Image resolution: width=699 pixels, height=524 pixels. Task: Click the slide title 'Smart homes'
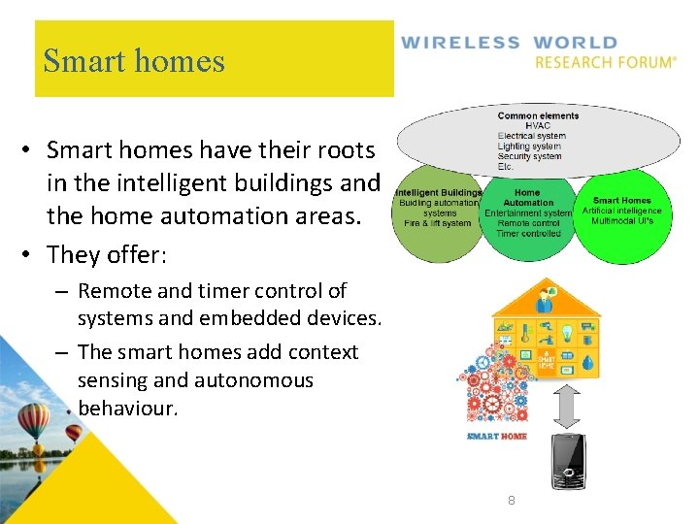point(134,61)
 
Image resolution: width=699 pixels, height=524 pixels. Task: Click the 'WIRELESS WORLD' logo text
point(509,43)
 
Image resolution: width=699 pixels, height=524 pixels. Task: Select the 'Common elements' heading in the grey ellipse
point(538,116)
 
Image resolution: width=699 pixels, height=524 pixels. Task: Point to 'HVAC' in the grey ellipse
point(538,126)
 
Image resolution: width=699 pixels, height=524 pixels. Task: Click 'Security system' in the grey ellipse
point(529,156)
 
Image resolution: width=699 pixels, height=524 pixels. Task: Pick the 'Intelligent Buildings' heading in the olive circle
point(439,193)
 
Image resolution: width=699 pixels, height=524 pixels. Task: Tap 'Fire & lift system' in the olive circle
point(438,223)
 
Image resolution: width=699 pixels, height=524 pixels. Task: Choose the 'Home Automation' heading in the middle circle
point(528,198)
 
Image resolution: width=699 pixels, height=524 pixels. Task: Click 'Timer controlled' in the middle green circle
point(528,234)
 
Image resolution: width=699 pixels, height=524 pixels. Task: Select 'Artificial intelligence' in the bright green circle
point(621,211)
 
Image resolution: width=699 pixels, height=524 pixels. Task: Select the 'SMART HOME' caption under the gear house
point(497,437)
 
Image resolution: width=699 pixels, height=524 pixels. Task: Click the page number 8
point(512,501)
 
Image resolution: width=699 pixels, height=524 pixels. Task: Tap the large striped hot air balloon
point(33,421)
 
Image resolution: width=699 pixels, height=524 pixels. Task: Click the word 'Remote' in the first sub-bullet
point(109,291)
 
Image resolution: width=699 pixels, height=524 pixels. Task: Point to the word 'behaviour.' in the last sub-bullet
point(128,408)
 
